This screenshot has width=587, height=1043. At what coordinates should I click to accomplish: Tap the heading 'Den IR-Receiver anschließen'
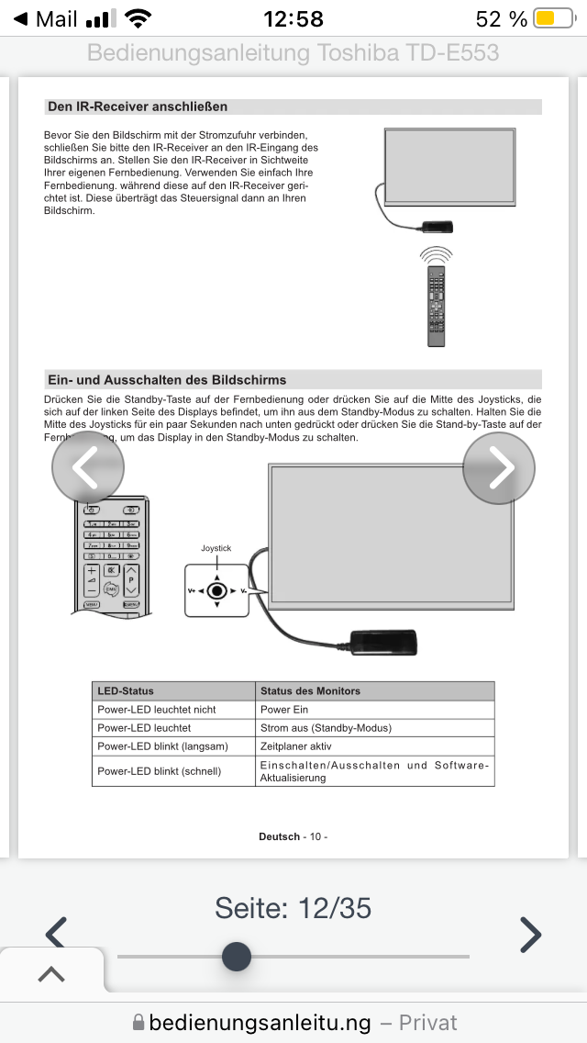(138, 107)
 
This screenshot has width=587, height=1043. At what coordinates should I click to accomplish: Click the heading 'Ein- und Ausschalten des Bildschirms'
(167, 380)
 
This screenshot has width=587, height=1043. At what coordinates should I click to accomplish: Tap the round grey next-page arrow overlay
(499, 468)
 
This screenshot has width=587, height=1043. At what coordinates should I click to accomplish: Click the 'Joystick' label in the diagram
(216, 548)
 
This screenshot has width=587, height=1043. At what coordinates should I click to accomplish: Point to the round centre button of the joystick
(216, 591)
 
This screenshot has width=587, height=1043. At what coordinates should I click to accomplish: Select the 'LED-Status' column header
(127, 690)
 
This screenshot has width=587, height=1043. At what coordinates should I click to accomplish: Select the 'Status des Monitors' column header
(311, 690)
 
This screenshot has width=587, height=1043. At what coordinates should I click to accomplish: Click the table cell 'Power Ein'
(284, 710)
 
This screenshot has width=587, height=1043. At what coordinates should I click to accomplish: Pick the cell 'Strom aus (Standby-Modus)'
(326, 728)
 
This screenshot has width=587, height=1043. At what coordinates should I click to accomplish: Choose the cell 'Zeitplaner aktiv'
(296, 746)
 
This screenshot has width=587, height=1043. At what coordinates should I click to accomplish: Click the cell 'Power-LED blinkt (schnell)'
(160, 771)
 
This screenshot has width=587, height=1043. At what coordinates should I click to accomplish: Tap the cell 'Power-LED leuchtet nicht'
(157, 710)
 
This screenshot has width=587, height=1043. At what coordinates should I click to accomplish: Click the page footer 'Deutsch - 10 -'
(293, 836)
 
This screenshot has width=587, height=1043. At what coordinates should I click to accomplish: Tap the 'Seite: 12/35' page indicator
(293, 908)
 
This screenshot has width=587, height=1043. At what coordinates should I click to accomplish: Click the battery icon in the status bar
(553, 18)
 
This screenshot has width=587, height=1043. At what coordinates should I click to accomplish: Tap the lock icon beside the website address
(138, 1023)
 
